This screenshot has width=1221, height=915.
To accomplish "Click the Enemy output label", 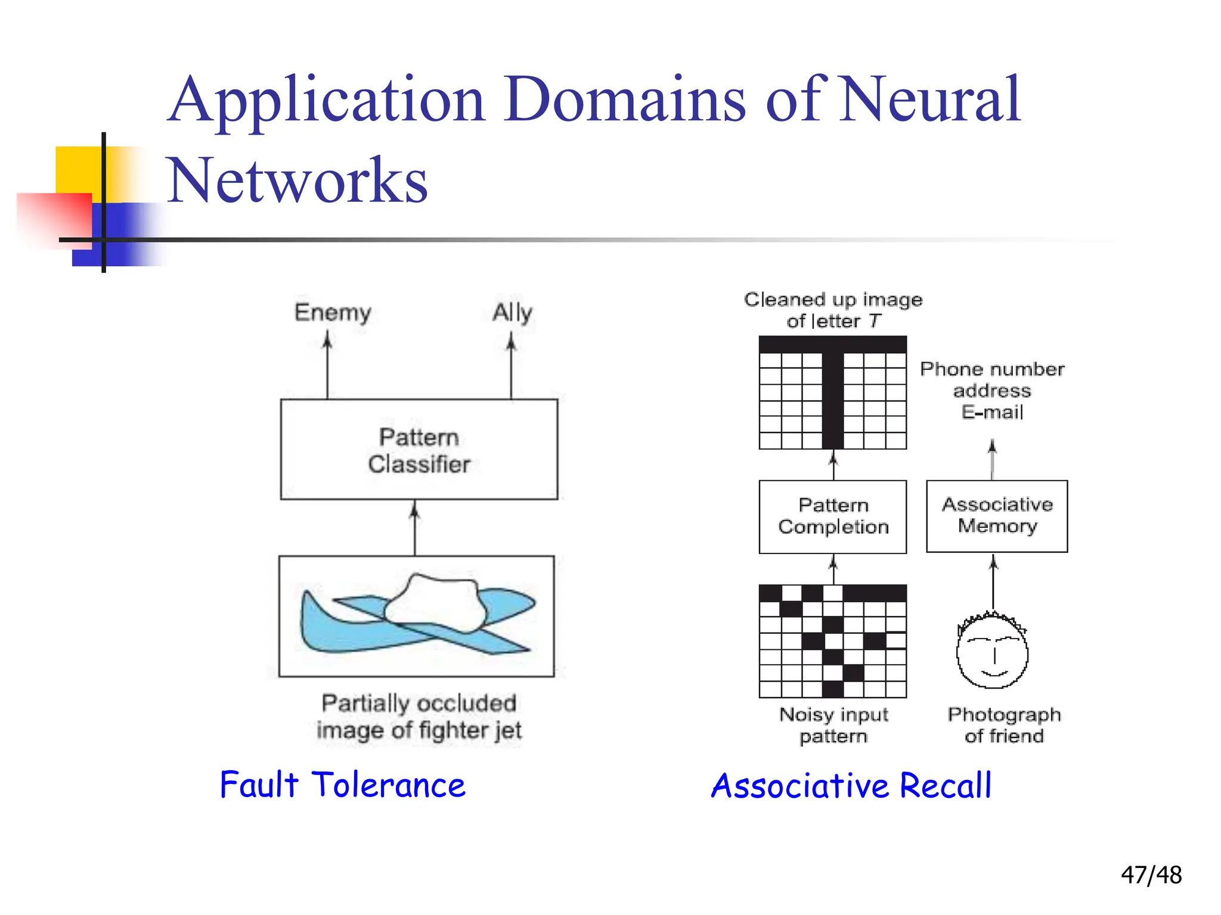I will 333,312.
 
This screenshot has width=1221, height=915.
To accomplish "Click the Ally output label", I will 512,312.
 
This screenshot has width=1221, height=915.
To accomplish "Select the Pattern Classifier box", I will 419,450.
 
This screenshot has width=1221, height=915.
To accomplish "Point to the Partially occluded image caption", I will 419,716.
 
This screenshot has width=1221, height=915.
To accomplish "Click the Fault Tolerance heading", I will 342,785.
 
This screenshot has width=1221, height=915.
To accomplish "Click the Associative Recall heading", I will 851,785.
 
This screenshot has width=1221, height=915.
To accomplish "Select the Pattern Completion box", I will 833,516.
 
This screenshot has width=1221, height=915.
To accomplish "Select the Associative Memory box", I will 997,516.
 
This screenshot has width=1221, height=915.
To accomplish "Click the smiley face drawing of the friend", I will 992,652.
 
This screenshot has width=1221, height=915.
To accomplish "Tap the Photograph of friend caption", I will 1004,725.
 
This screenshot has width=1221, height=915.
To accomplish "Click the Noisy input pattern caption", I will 833,725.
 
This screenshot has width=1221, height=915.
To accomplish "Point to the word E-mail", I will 992,412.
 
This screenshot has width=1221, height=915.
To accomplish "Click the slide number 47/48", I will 1151,875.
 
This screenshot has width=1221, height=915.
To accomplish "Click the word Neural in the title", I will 930,100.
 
